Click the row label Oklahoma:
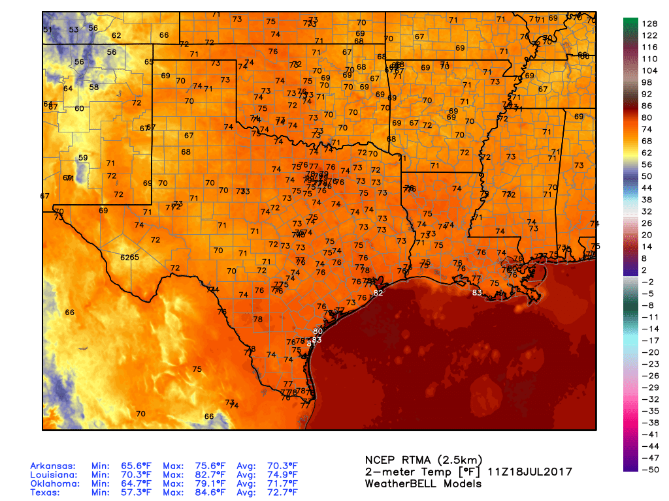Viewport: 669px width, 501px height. [54, 484]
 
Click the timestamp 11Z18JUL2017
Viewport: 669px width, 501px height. [535, 472]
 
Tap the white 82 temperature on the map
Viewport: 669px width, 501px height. [378, 293]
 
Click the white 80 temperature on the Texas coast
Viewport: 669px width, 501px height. [318, 331]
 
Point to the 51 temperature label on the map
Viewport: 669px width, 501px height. [47, 30]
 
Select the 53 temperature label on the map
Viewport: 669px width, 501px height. [74, 29]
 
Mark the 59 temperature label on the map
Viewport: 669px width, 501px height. [83, 158]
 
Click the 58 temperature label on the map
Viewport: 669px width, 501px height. [94, 87]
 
